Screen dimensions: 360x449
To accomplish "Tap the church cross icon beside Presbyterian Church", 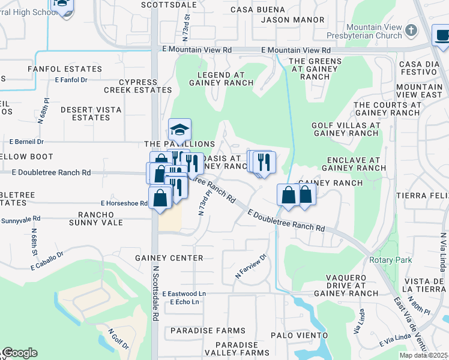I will point(411,29).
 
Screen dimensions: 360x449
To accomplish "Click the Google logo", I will point(19,352).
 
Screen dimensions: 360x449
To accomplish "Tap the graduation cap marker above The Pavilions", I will point(179,130).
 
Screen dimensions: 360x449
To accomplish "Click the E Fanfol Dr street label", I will point(71,79).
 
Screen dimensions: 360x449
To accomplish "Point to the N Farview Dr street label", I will point(250,268).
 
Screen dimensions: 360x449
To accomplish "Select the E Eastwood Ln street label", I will point(184,293).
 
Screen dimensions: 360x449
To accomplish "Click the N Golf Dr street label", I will point(118,338).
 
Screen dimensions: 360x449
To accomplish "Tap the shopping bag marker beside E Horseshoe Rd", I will point(160,197).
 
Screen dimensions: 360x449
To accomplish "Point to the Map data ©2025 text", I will point(424,355).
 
